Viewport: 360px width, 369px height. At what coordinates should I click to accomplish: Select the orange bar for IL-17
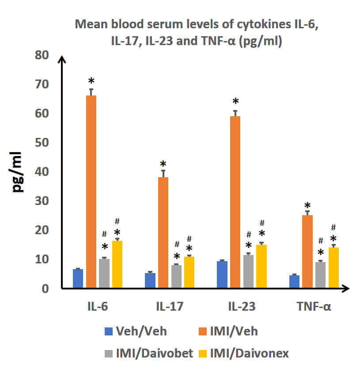click(163, 232)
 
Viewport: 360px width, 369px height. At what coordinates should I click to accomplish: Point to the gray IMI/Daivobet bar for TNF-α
click(320, 274)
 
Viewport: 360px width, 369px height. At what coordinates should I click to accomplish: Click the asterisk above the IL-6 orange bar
click(91, 82)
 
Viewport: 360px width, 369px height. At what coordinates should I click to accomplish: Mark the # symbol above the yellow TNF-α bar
click(333, 228)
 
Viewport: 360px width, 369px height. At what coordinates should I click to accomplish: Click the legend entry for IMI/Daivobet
click(150, 353)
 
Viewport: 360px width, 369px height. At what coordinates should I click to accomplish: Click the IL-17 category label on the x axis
click(170, 306)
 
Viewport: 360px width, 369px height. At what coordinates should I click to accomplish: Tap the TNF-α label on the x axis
click(314, 306)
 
